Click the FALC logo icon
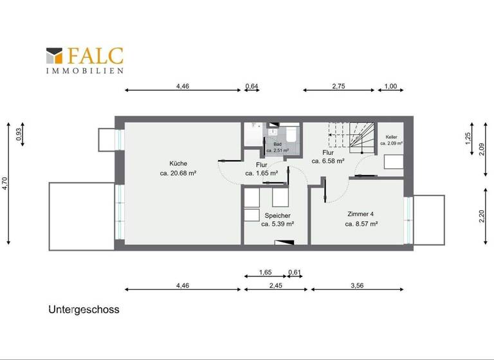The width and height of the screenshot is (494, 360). pyautogui.click(x=55, y=55)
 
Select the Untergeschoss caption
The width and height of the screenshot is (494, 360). pyautogui.click(x=84, y=309)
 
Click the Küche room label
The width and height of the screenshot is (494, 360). pyautogui.click(x=178, y=163)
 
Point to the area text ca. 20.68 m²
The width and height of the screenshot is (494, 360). pyautogui.click(x=178, y=173)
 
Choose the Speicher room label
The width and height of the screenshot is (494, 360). pyautogui.click(x=277, y=215)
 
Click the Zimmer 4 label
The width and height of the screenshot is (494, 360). pyautogui.click(x=361, y=214)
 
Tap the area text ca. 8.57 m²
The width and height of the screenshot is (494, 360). pyautogui.click(x=361, y=224)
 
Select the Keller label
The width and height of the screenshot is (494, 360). pyautogui.click(x=391, y=138)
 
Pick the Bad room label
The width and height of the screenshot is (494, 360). pyautogui.click(x=277, y=144)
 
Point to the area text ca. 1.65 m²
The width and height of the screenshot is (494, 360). pyautogui.click(x=262, y=173)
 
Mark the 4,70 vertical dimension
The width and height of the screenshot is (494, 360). pyautogui.click(x=5, y=183)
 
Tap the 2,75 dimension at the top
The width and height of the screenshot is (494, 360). pyautogui.click(x=339, y=85)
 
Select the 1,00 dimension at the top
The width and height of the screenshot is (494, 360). pyautogui.click(x=390, y=85)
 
